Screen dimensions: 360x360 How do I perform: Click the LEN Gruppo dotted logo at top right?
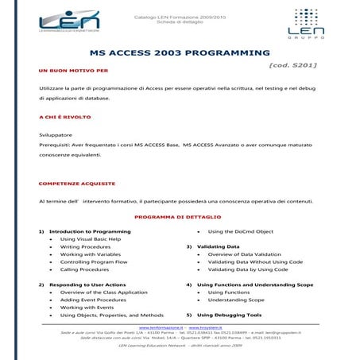coord(309,25)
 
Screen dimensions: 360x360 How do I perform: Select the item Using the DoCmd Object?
coord(240,231)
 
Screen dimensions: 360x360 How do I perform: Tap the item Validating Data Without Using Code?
coord(255,261)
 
